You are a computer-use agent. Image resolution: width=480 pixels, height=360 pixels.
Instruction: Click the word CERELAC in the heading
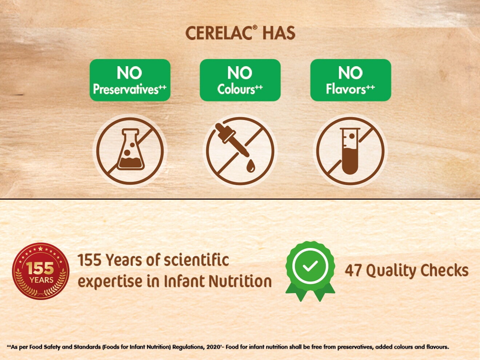click(218, 33)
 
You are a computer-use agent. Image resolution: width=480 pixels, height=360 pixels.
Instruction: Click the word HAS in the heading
click(279, 33)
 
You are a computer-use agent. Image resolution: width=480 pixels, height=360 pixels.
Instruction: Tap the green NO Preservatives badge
click(130, 80)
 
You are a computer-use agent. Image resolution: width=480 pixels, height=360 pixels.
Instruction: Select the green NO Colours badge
click(240, 80)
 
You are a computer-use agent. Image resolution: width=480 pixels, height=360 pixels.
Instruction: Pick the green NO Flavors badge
click(351, 80)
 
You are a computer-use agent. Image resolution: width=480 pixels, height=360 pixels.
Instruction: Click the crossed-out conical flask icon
click(130, 151)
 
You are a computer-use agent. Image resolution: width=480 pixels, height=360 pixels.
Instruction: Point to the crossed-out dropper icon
click(240, 151)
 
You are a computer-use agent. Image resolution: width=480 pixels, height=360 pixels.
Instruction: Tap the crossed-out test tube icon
click(350, 151)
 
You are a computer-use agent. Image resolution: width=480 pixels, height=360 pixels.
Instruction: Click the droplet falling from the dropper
click(250, 167)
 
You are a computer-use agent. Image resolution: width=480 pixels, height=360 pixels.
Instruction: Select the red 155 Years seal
click(41, 271)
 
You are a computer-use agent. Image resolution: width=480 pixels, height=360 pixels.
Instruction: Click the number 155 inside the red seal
click(40, 269)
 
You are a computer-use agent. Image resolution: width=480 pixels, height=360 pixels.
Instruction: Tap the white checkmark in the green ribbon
click(310, 267)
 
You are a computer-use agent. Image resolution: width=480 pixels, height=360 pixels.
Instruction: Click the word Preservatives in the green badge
click(126, 89)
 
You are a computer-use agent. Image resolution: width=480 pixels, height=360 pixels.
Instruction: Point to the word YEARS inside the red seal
click(41, 280)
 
